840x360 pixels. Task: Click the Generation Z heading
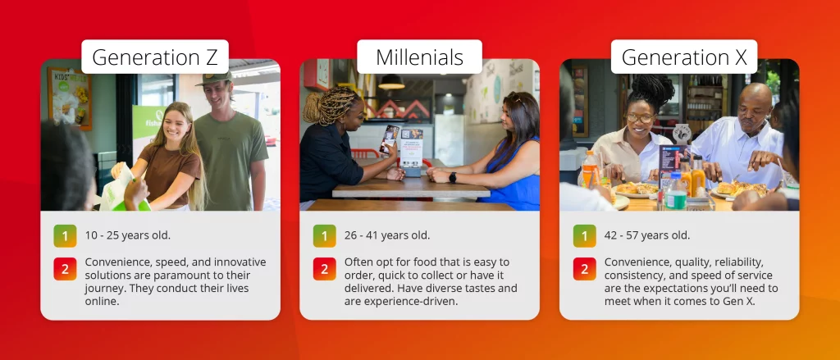pyautogui.click(x=155, y=57)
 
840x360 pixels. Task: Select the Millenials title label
pyautogui.click(x=419, y=57)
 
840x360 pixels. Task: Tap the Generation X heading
pyautogui.click(x=684, y=57)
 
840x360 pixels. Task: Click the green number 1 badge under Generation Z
pyautogui.click(x=65, y=235)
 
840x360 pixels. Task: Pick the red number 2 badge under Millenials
pyautogui.click(x=325, y=269)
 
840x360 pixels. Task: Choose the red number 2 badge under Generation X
pyautogui.click(x=584, y=269)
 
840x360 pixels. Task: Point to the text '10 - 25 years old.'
pyautogui.click(x=127, y=235)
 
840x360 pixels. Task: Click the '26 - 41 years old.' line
pyautogui.click(x=387, y=235)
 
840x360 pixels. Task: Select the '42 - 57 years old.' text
pyautogui.click(x=647, y=235)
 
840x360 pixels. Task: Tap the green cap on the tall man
pyautogui.click(x=214, y=78)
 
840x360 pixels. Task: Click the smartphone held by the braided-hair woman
pyautogui.click(x=389, y=139)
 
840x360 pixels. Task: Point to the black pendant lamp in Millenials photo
pyautogui.click(x=391, y=82)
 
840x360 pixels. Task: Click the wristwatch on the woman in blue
pyautogui.click(x=453, y=177)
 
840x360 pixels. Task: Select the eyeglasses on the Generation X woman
pyautogui.click(x=640, y=118)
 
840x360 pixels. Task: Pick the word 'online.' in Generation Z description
pyautogui.click(x=101, y=301)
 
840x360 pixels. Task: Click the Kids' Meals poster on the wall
pyautogui.click(x=70, y=98)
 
